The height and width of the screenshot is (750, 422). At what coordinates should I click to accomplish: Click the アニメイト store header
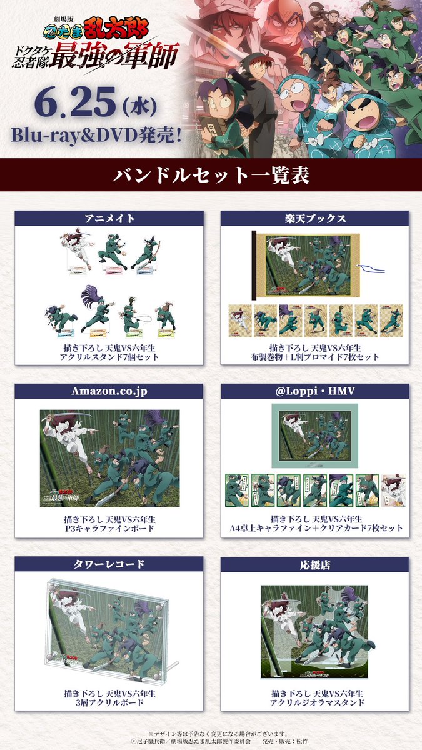[109, 218]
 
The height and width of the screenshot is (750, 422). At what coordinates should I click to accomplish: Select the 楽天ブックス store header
[314, 218]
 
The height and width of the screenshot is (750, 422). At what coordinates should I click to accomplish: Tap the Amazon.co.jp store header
[109, 391]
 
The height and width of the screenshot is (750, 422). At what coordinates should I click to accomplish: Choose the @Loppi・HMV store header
[314, 391]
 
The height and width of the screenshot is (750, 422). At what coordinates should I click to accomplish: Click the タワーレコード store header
[109, 564]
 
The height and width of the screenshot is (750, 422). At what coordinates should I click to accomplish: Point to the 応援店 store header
[314, 564]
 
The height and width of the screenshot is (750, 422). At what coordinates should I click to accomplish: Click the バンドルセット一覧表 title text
[211, 176]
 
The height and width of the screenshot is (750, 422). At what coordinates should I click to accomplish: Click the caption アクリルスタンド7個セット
[109, 357]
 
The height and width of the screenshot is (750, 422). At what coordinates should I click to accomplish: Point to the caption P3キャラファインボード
[109, 529]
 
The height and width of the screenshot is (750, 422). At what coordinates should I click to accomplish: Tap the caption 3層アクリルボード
[109, 702]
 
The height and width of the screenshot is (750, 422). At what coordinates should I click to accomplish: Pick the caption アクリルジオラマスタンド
[314, 702]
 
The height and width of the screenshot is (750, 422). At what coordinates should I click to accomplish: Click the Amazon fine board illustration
[109, 458]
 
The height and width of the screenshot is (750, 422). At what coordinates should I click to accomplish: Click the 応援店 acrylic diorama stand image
[314, 631]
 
